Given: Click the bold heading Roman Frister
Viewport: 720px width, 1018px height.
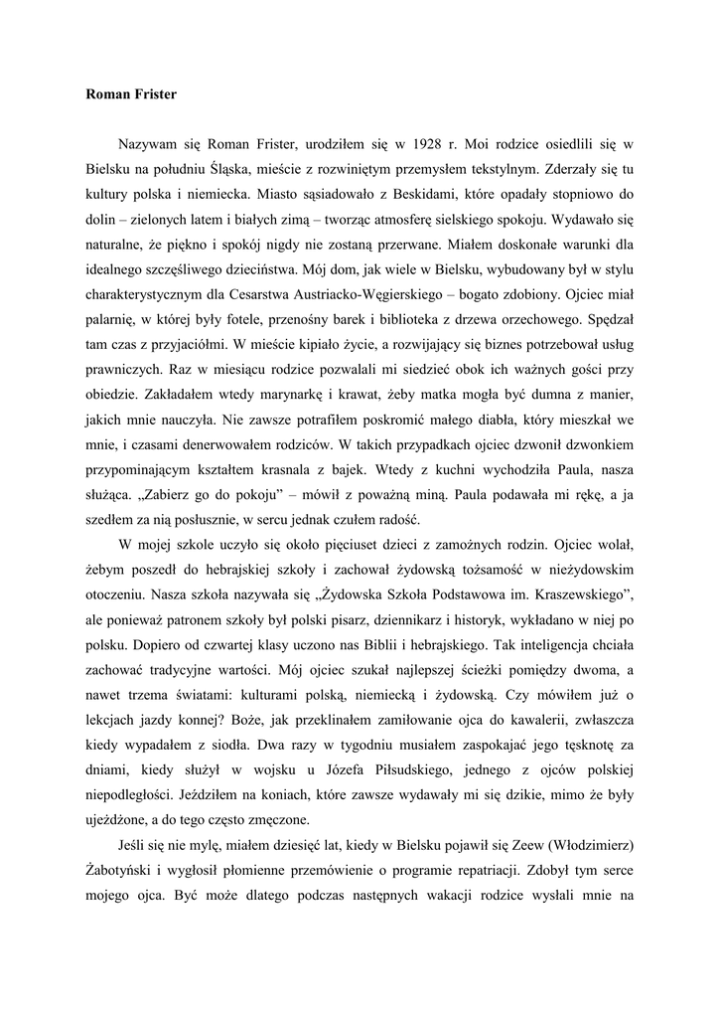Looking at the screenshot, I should click(x=131, y=95).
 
